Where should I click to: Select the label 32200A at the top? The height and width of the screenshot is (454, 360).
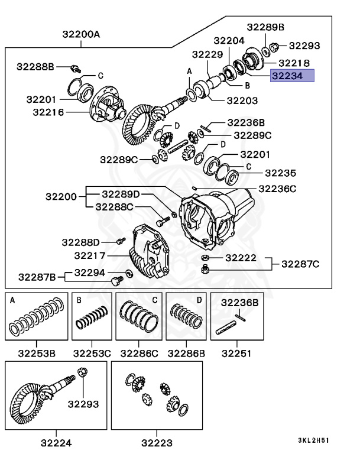[x=81, y=34]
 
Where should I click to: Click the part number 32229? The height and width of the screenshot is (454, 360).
[x=206, y=54]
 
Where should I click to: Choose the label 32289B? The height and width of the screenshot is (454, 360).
[x=265, y=27]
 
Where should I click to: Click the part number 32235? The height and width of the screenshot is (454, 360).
[x=280, y=173]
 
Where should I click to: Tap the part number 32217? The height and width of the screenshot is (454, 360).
[x=90, y=255]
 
